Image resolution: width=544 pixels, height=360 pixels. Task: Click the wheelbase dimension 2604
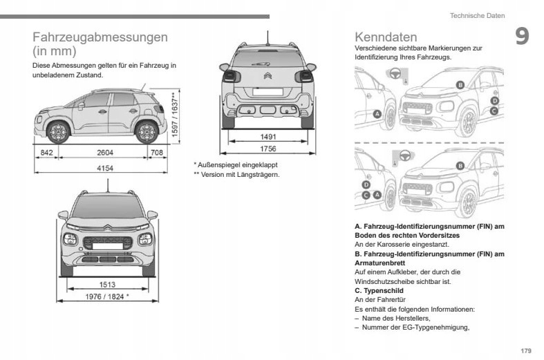[105, 152]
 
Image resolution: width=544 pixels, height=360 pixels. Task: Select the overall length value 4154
[105, 169]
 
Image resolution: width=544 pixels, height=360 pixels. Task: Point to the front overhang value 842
[47, 152]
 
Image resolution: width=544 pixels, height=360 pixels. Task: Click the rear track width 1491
[268, 138]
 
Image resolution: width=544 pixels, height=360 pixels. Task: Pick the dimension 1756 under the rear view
[268, 149]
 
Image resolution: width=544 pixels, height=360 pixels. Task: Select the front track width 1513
[107, 284]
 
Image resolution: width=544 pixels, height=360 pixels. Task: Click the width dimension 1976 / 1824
[106, 296]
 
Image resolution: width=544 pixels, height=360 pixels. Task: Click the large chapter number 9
[522, 37]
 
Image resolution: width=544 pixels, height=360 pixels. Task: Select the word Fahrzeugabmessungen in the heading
[100, 37]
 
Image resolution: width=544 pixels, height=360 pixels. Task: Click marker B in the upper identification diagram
[460, 85]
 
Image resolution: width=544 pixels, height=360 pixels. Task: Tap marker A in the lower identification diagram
[377, 196]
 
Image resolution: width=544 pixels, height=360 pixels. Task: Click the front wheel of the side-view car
[59, 131]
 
